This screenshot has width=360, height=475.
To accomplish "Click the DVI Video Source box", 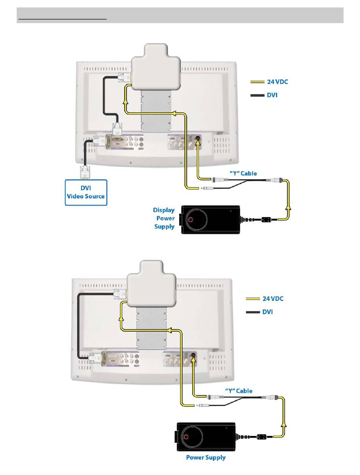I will (86, 192).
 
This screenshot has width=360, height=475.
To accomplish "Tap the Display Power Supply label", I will (164, 218).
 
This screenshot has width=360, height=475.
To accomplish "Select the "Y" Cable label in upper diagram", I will (243, 173).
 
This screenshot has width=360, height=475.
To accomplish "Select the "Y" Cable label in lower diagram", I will (239, 391).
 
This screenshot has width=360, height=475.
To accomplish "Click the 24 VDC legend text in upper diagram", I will (277, 81).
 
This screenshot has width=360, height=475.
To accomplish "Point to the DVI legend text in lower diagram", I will (268, 312).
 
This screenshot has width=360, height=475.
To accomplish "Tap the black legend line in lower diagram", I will (252, 312).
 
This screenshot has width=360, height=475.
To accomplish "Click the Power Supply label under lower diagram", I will (206, 457).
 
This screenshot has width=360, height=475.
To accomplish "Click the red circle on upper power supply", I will (191, 220).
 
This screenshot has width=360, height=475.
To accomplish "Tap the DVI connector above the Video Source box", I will (85, 172).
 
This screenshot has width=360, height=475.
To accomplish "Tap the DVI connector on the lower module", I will (120, 293).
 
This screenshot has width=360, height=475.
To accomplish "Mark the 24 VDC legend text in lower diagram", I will (273, 298).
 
